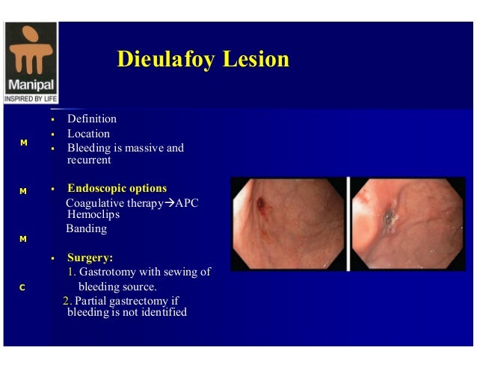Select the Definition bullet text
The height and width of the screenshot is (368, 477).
click(92, 119)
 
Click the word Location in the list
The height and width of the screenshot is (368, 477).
click(88, 134)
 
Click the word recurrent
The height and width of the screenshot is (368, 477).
click(89, 160)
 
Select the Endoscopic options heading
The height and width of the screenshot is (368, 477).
click(117, 188)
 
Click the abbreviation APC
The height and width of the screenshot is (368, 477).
click(185, 203)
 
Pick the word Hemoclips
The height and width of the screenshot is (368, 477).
click(93, 214)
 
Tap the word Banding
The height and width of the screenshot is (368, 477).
click(87, 228)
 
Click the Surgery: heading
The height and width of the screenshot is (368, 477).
click(90, 258)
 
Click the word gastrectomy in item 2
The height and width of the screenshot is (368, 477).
click(138, 302)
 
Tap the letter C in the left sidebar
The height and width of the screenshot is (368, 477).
click(22, 287)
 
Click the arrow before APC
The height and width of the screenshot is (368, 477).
click(167, 203)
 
